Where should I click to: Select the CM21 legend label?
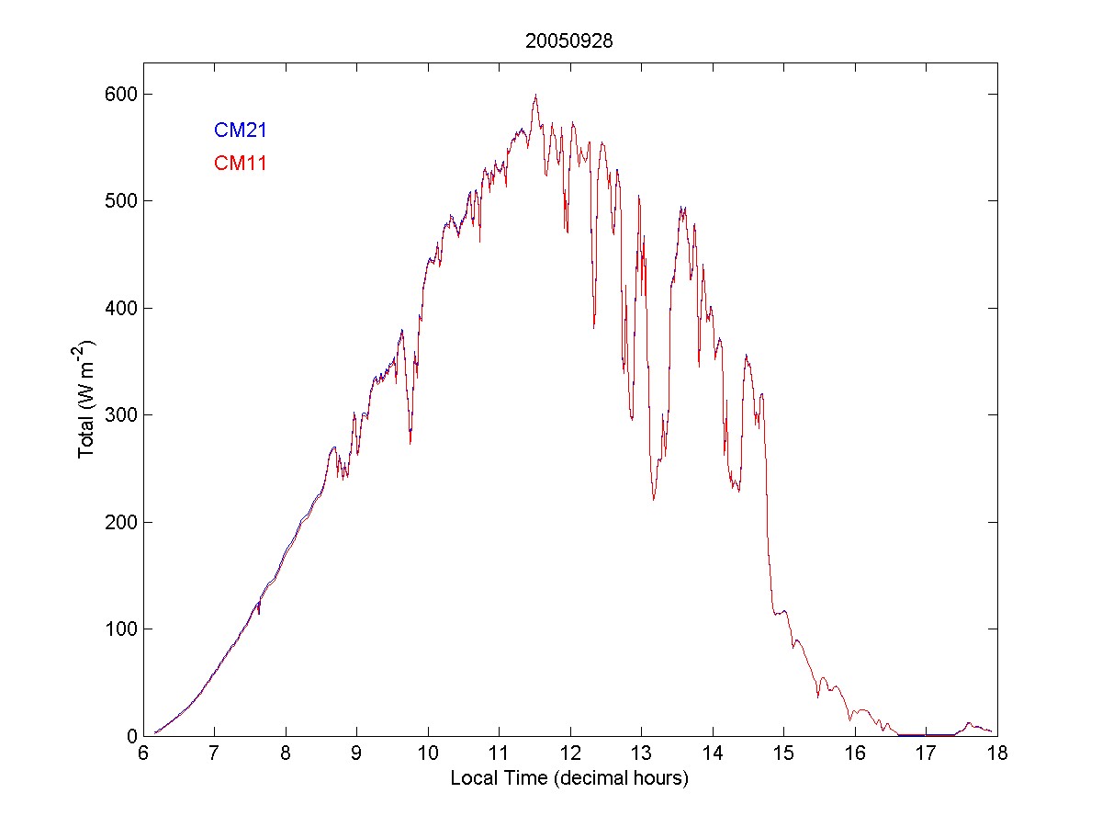(240, 130)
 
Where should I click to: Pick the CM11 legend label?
(240, 164)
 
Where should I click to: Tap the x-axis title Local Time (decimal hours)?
(569, 778)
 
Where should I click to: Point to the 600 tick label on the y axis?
(120, 94)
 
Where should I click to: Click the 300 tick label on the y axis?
(120, 414)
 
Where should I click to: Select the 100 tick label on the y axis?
(120, 629)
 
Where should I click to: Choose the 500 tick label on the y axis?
(120, 200)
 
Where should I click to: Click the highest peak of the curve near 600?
(535, 95)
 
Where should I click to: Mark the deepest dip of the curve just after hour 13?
(654, 499)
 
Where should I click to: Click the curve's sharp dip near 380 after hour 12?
(594, 327)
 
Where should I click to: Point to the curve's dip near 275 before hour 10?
(410, 442)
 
